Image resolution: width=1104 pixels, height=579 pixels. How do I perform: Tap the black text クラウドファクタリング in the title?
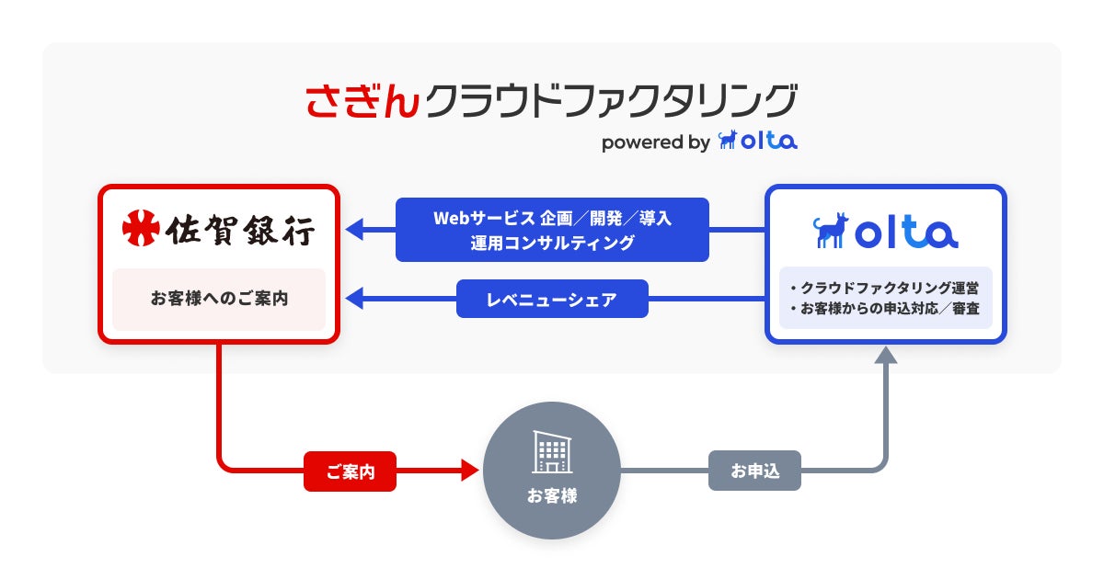(x=609, y=101)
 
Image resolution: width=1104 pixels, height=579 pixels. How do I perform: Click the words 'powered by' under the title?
(x=655, y=142)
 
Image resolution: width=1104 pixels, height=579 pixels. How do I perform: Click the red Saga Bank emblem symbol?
(x=141, y=229)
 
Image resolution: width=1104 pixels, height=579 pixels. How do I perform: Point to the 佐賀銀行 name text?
(x=241, y=230)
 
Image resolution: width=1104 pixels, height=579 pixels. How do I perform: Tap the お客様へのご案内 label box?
(x=219, y=299)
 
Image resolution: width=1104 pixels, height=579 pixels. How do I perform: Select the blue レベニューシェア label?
(x=552, y=299)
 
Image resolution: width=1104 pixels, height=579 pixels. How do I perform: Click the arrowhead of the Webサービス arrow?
(x=353, y=230)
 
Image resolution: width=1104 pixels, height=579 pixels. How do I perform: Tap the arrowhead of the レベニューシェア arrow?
(x=353, y=299)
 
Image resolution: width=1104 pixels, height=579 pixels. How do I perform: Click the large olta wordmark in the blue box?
(x=907, y=232)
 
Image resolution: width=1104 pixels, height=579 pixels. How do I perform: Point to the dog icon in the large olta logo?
(x=830, y=231)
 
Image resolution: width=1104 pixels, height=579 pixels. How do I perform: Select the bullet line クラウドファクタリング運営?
(x=885, y=289)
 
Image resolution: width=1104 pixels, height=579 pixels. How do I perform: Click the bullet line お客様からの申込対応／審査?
(x=885, y=309)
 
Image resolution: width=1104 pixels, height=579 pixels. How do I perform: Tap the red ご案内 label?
(x=350, y=471)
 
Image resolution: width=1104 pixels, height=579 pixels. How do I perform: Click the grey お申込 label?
(x=754, y=471)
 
